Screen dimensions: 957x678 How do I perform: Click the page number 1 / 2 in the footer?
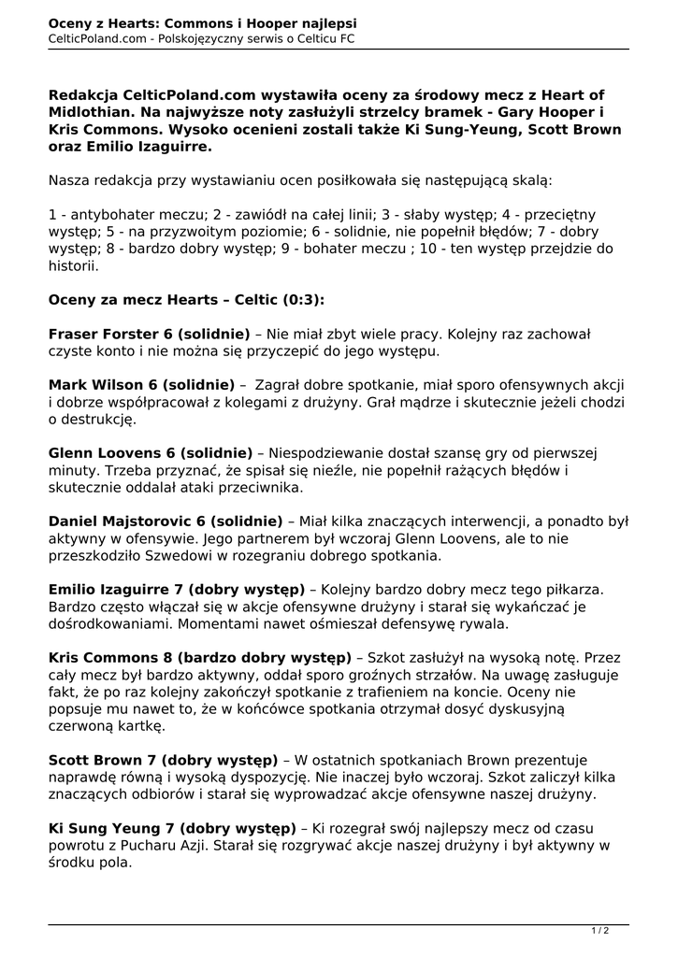(x=600, y=930)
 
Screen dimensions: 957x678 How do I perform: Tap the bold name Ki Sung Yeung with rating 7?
(x=98, y=828)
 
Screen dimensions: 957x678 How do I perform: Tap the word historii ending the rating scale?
(x=73, y=265)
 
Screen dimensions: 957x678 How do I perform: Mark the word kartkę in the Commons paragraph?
(x=140, y=725)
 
